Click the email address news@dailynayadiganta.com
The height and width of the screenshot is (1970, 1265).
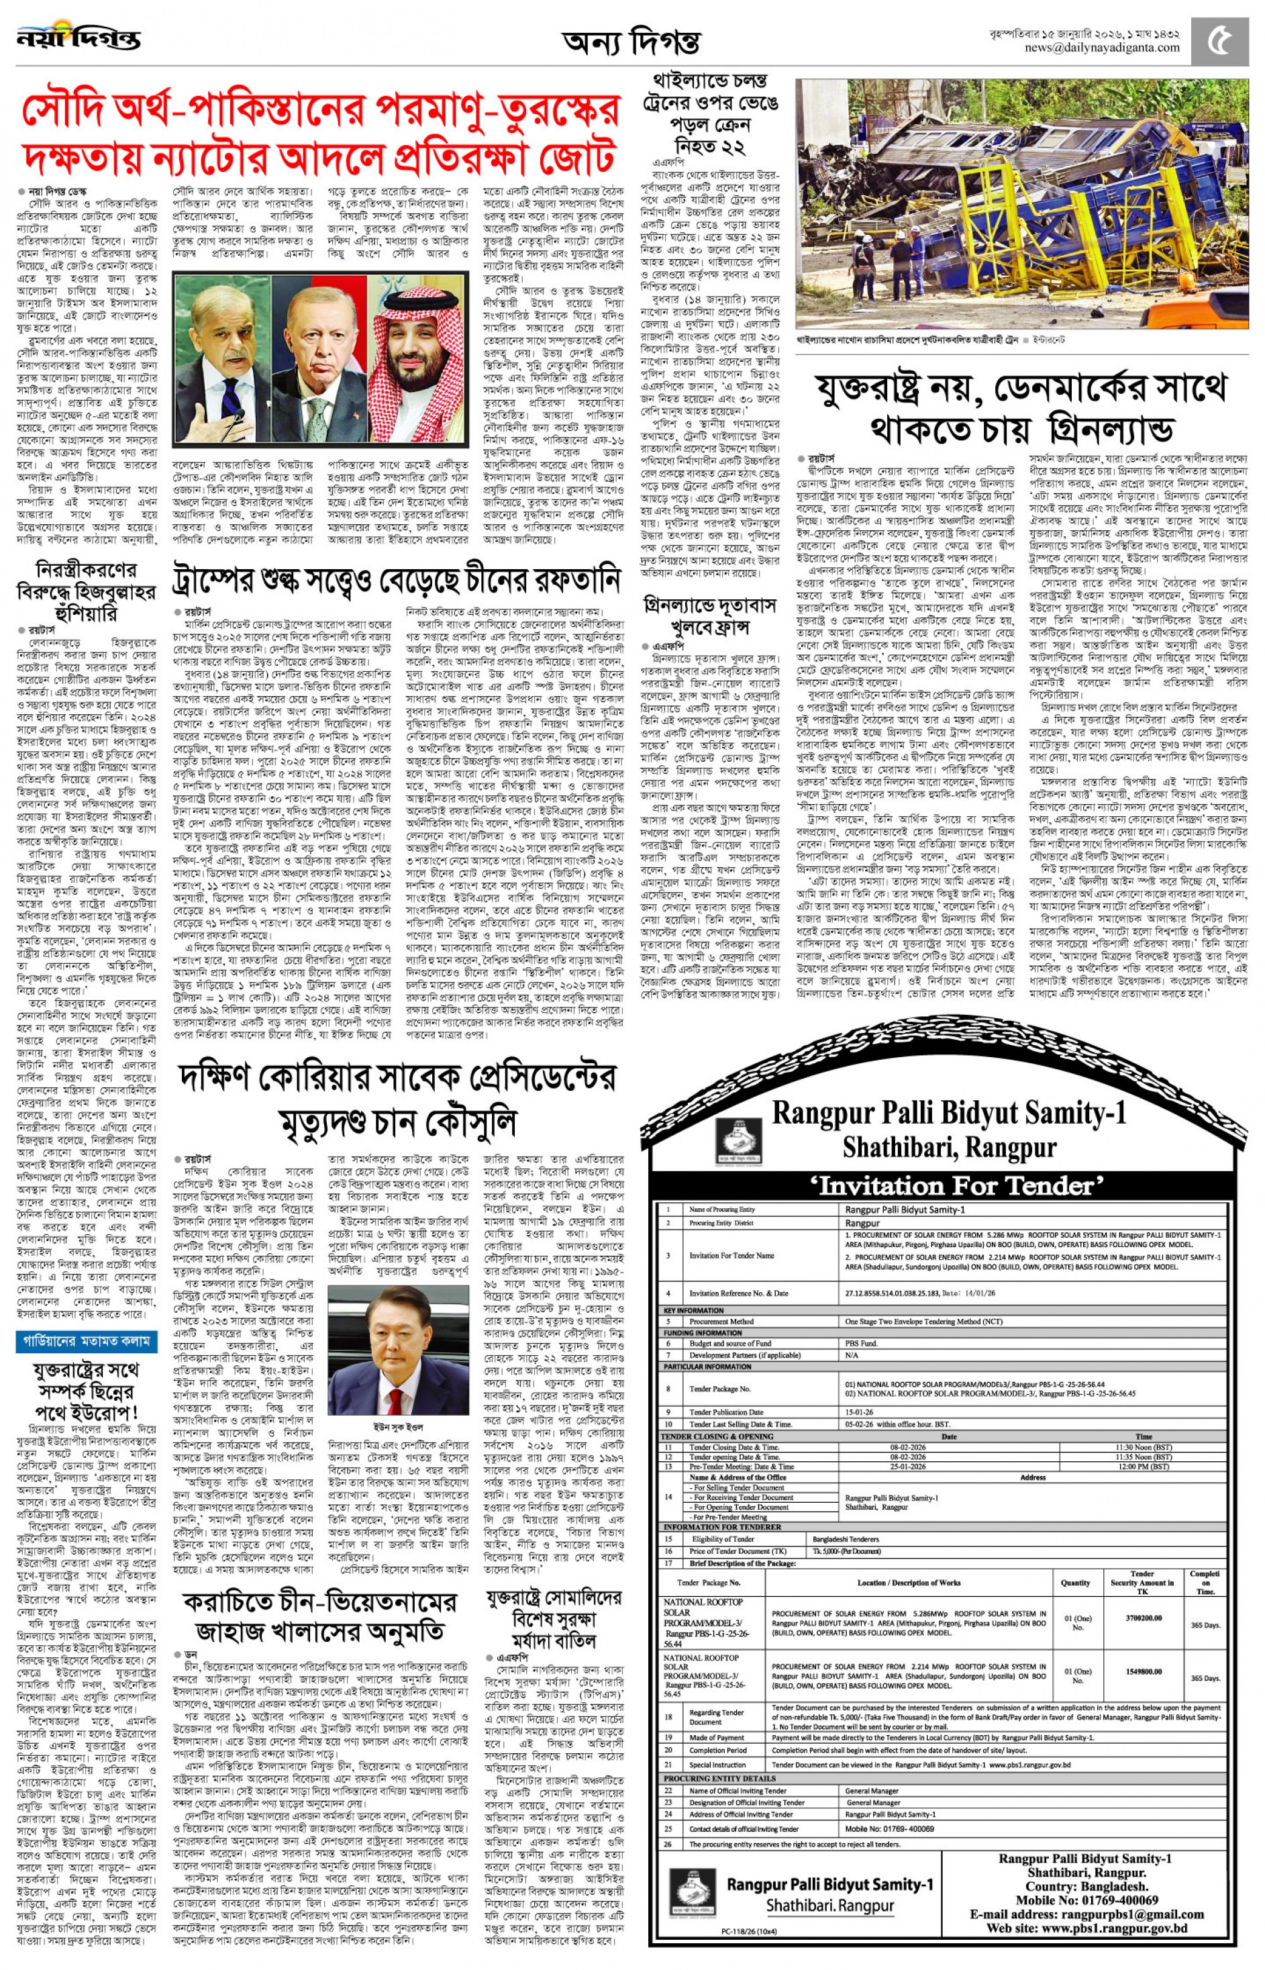pos(1101,48)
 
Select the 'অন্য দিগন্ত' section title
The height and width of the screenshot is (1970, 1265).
pos(631,40)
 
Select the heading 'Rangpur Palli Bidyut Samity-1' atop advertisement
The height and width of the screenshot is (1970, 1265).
pos(949,1112)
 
